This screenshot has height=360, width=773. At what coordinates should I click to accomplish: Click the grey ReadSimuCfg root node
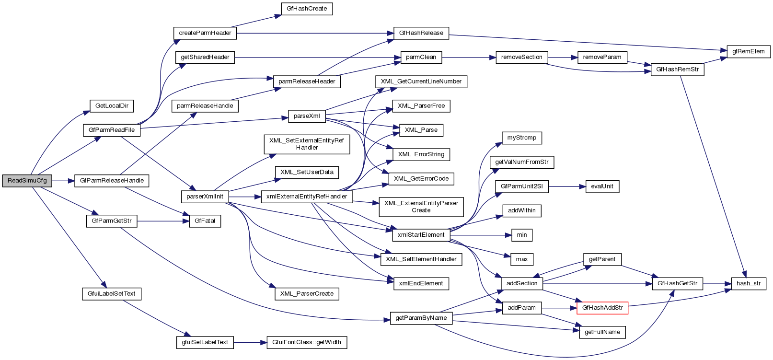click(x=27, y=181)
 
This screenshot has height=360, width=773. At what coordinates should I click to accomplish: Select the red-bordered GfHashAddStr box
click(x=602, y=308)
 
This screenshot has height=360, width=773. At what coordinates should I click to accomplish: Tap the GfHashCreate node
click(x=307, y=9)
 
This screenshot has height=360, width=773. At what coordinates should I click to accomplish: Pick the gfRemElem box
click(x=748, y=52)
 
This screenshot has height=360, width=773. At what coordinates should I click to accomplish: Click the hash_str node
click(x=749, y=283)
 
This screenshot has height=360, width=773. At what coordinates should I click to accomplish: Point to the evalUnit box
click(x=602, y=186)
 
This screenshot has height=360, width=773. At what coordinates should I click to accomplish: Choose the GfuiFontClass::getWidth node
click(x=307, y=342)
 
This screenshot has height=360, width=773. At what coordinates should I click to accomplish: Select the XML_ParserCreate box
click(x=307, y=294)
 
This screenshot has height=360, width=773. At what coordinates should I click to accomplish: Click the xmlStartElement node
click(x=421, y=235)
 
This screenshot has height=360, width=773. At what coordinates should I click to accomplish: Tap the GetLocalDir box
click(x=112, y=106)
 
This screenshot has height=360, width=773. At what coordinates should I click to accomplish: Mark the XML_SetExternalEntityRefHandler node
click(x=307, y=144)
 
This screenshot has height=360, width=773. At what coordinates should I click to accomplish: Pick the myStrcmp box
click(x=522, y=138)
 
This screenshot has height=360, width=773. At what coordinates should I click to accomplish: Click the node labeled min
click(x=522, y=235)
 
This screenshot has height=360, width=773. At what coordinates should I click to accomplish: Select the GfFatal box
click(x=205, y=221)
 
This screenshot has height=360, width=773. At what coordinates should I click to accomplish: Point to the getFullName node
click(x=602, y=332)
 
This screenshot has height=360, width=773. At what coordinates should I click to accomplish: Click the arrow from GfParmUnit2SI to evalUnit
click(x=567, y=186)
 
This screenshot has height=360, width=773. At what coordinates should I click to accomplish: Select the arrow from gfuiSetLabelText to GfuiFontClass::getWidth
click(x=250, y=342)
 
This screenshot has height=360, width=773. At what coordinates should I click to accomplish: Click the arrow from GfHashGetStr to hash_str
click(x=717, y=284)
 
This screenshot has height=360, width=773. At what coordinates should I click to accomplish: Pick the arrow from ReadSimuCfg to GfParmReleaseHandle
click(x=63, y=181)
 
